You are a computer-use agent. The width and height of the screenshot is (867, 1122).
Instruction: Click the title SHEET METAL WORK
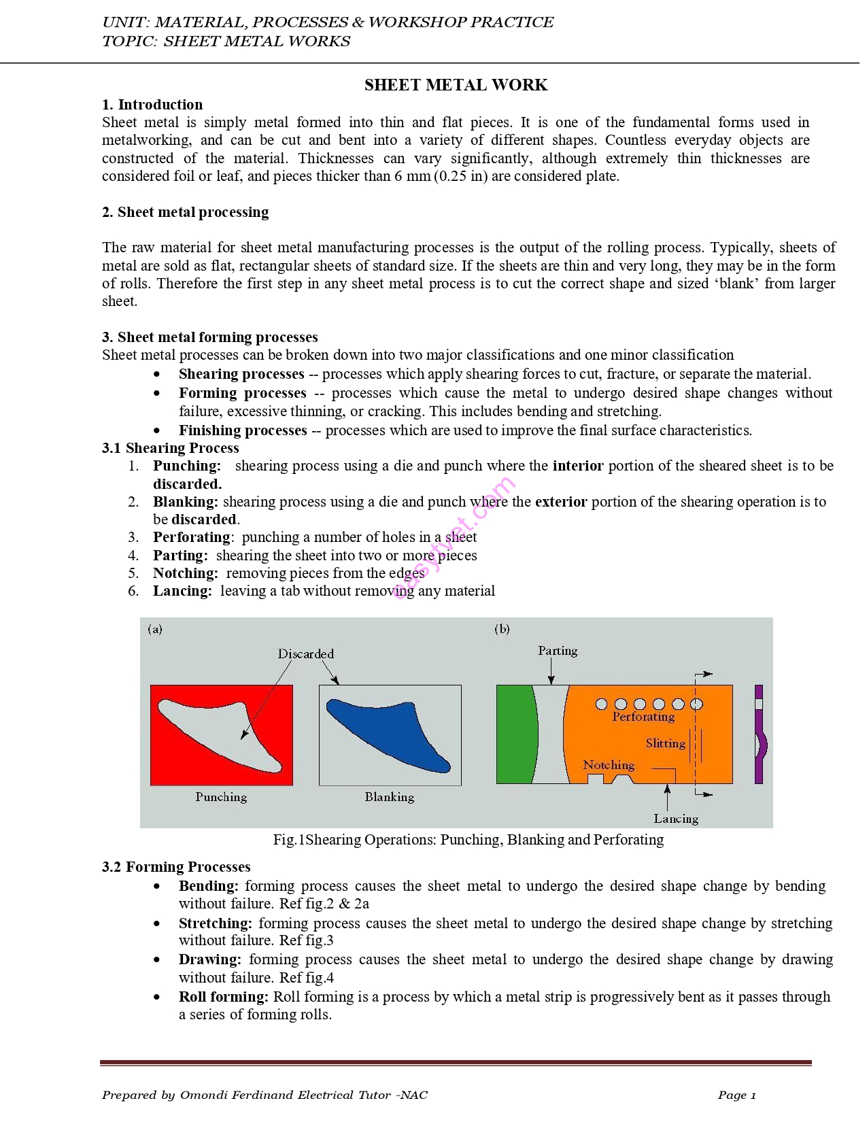pos(456,85)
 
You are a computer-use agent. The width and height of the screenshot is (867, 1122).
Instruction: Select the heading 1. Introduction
pos(152,105)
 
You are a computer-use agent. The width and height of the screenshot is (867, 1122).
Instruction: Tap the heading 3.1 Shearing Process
pos(171,448)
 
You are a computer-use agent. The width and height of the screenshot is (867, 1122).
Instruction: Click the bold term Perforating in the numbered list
pos(192,537)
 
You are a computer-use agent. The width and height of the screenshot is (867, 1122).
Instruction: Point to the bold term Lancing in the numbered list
pos(182,591)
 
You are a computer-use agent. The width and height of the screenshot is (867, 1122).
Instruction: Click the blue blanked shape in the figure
pos(391,734)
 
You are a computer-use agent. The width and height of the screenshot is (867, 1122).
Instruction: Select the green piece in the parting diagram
pos(517,734)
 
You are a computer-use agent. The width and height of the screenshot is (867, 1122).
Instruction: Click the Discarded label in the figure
pos(306,654)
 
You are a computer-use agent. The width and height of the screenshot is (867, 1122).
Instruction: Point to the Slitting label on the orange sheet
pos(665,743)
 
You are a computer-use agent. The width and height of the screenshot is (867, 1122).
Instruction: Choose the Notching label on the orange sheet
pos(609,765)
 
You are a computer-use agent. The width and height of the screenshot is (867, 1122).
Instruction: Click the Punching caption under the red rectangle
pos(221,797)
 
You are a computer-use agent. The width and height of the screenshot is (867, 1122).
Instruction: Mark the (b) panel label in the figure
pos(502,629)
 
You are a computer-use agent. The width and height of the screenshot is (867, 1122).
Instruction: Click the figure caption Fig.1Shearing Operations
pos(468,840)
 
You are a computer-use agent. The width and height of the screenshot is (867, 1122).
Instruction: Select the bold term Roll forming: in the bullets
pos(224,997)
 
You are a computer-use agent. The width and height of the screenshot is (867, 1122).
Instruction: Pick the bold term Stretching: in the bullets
pos(215,923)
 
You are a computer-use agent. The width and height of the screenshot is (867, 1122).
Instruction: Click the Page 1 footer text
pos(736,1095)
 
